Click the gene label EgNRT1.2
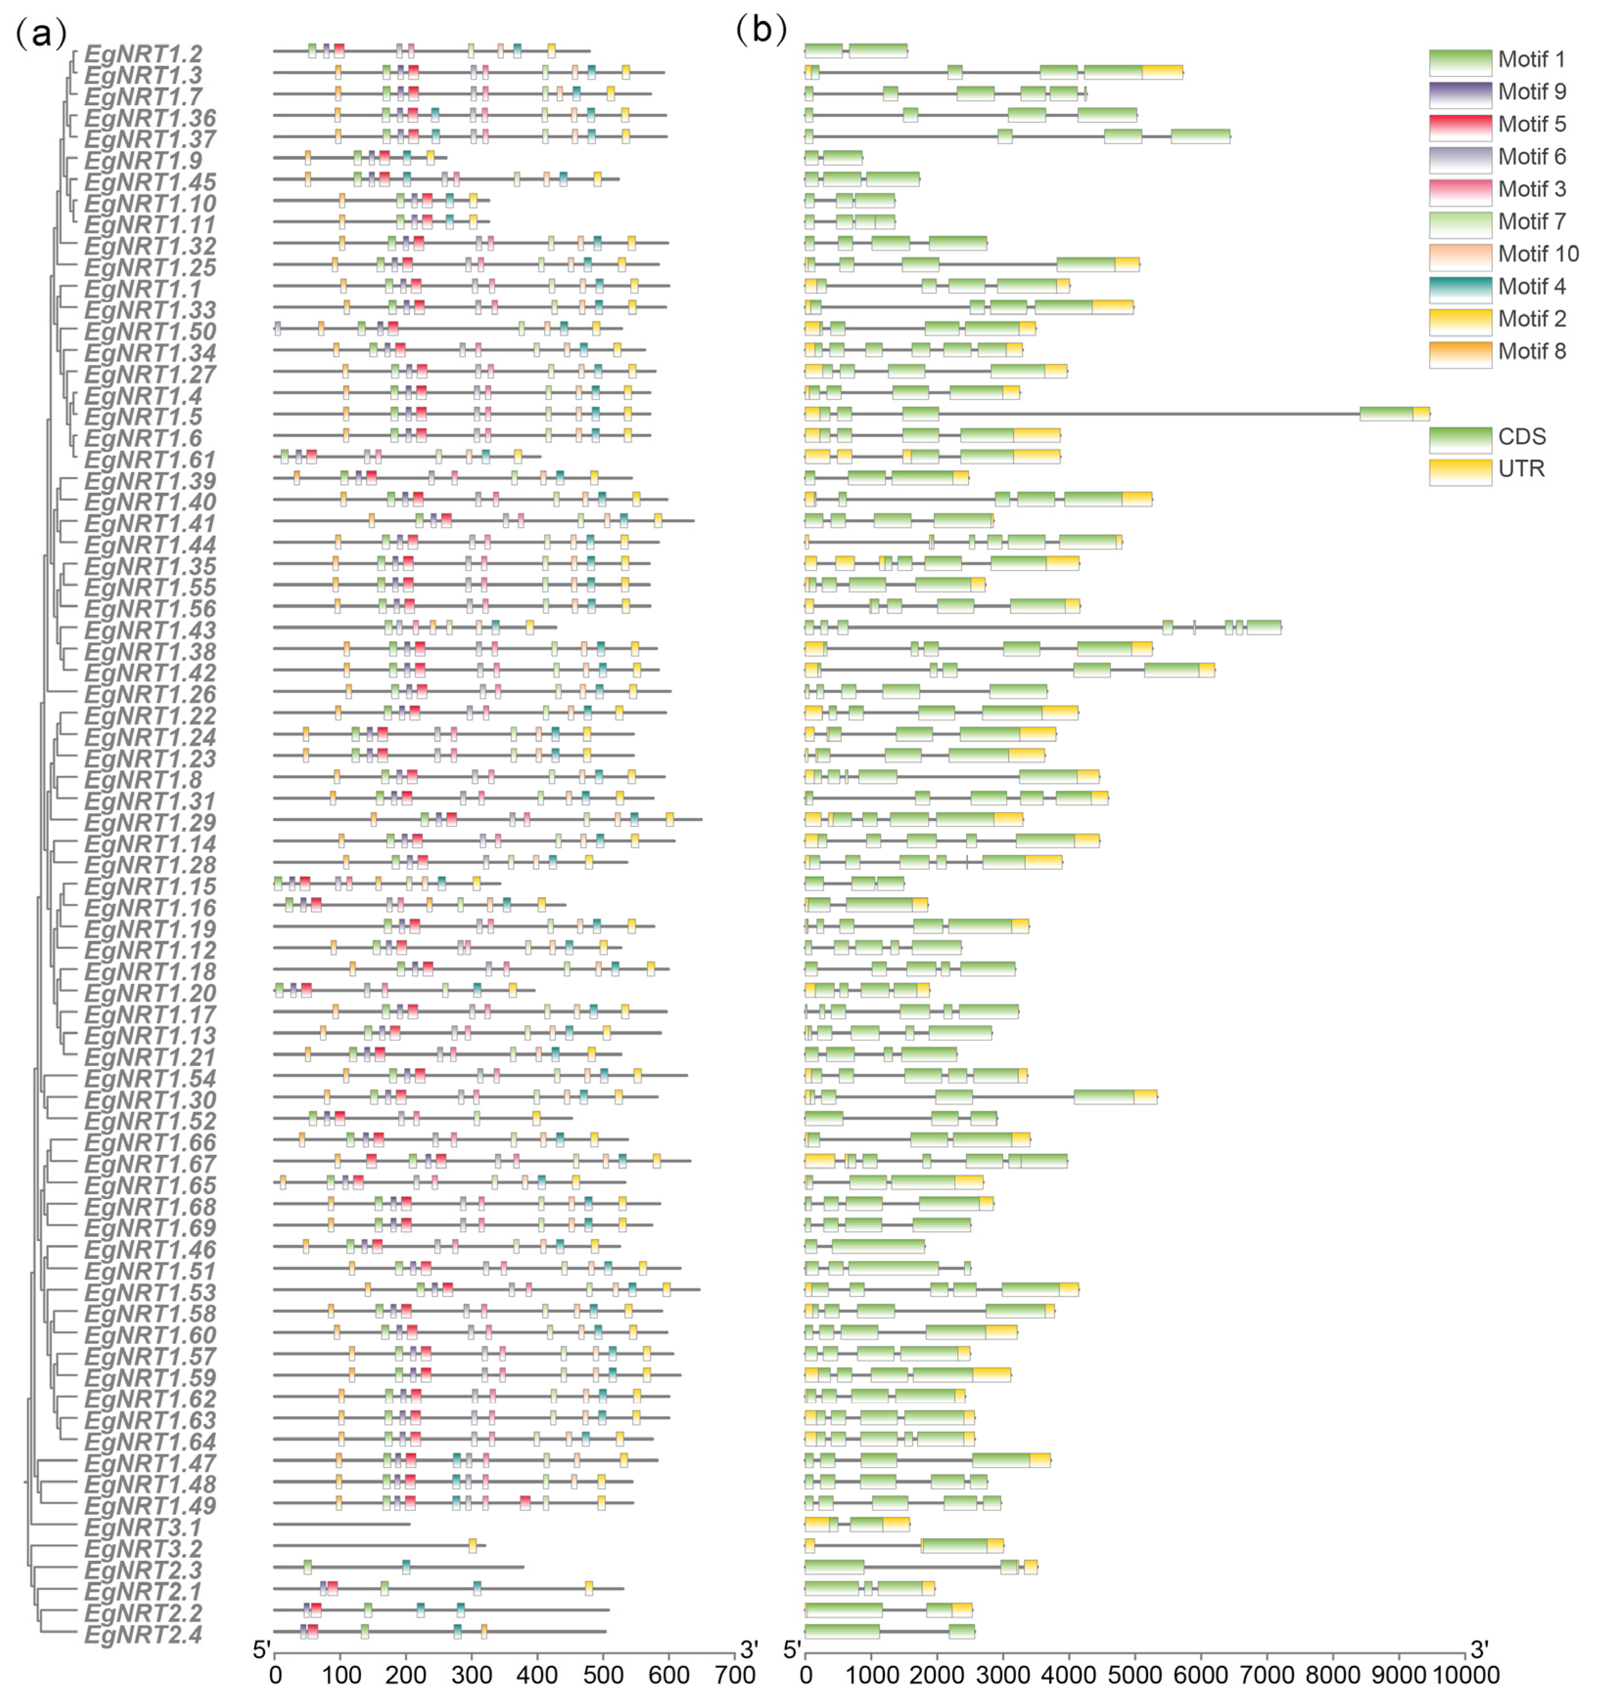click(143, 54)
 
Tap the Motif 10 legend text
click(1538, 254)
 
